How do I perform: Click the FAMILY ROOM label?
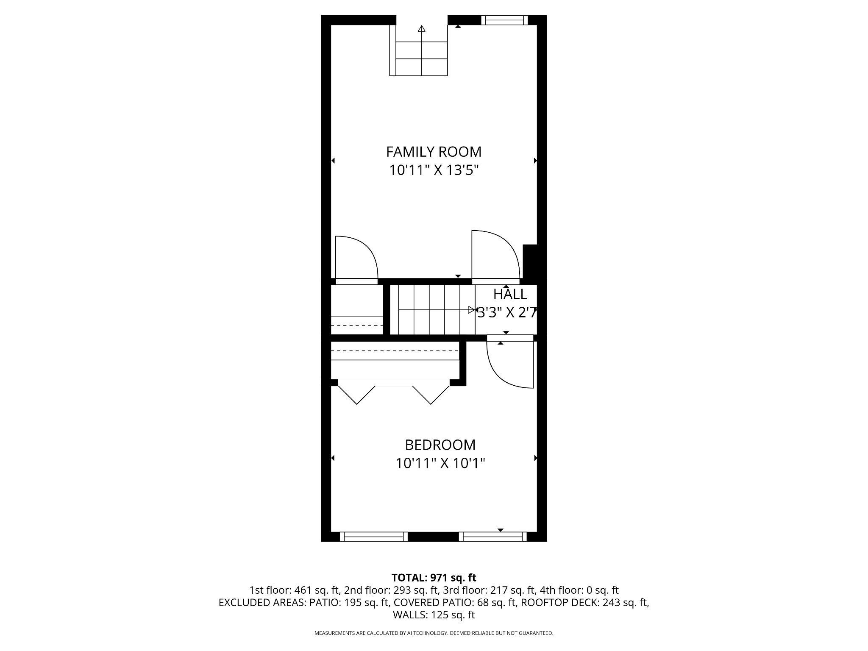point(434,151)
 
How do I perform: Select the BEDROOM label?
point(440,445)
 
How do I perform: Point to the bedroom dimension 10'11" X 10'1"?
point(440,463)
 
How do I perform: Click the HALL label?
point(510,294)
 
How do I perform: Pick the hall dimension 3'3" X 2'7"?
point(507,312)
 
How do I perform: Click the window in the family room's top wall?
point(504,20)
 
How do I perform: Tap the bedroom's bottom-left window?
point(373,537)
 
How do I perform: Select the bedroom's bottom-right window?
point(492,537)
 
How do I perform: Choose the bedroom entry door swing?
point(510,364)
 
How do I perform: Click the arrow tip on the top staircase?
point(421,29)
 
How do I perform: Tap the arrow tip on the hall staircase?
point(471,310)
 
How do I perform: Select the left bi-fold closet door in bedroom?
point(356,394)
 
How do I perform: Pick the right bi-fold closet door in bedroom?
point(431,394)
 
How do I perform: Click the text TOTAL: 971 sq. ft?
point(434,578)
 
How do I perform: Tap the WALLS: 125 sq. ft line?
point(434,615)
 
